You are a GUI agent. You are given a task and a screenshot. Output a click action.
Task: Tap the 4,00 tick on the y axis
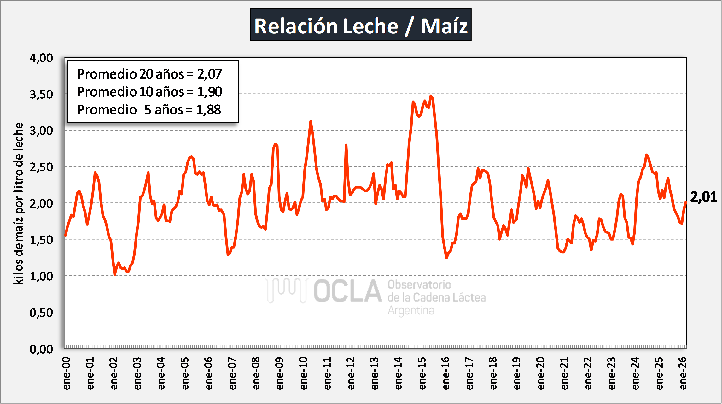click(x=41, y=58)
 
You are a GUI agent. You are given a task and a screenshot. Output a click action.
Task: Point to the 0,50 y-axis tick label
click(x=41, y=313)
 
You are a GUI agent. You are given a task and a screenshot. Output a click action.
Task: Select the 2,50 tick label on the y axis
click(x=41, y=167)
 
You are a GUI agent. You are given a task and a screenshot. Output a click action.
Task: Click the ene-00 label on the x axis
click(x=67, y=373)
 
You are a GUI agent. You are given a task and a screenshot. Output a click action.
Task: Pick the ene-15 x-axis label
click(x=422, y=373)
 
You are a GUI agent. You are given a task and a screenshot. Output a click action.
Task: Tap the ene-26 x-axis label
click(x=683, y=373)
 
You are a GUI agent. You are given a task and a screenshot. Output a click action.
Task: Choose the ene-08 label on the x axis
click(x=256, y=373)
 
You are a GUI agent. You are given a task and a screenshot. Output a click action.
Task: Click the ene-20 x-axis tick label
click(x=541, y=373)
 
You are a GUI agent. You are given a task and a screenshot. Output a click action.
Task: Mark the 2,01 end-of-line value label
click(x=703, y=197)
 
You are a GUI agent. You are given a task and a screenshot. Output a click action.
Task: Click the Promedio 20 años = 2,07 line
click(x=149, y=74)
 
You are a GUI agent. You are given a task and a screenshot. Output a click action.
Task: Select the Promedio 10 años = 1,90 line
click(x=149, y=92)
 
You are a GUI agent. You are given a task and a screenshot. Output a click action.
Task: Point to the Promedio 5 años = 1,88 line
click(x=149, y=110)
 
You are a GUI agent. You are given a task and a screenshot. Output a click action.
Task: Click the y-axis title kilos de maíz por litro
click(x=19, y=203)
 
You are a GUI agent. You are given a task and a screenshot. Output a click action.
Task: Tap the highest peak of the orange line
click(x=431, y=96)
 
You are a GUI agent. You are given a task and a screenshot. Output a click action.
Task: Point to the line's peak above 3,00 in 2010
click(x=311, y=121)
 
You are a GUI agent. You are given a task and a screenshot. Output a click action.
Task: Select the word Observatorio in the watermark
click(x=419, y=285)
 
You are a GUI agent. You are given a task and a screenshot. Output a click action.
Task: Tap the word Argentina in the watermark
click(x=411, y=311)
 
